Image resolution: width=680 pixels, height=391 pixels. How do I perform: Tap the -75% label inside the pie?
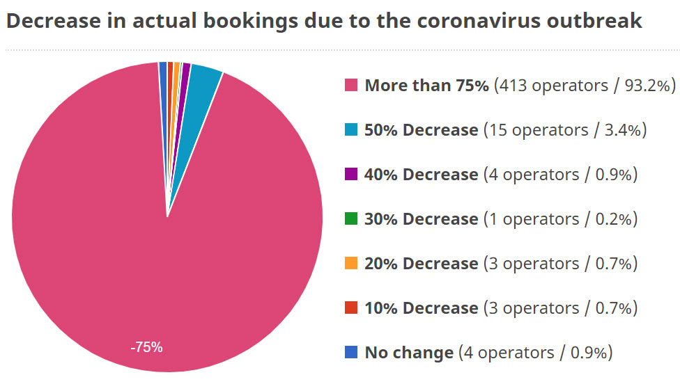coord(146,347)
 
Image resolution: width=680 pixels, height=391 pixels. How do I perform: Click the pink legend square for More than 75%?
coord(351,86)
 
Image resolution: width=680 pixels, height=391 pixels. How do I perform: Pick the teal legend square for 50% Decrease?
coord(351,130)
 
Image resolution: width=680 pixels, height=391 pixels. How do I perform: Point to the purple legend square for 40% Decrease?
coord(351,175)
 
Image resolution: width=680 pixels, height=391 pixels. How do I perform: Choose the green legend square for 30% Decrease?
coord(351,219)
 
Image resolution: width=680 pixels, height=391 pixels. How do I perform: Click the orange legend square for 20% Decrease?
coord(351,264)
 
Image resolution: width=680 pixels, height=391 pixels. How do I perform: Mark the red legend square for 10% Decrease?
coord(351,308)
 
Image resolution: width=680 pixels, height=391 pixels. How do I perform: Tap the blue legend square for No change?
coord(351,353)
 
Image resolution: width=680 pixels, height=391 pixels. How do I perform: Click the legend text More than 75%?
coord(426,86)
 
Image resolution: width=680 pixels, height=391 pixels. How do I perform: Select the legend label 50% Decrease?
coord(421,130)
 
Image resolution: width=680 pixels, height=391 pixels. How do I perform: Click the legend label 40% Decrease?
coord(421,175)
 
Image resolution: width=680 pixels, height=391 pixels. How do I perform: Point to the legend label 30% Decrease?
coord(421,219)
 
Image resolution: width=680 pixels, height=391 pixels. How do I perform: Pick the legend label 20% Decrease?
coord(421,264)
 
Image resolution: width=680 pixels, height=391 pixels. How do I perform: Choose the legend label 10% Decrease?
coord(421,308)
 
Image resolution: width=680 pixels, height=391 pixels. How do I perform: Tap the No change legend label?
coord(408,353)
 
